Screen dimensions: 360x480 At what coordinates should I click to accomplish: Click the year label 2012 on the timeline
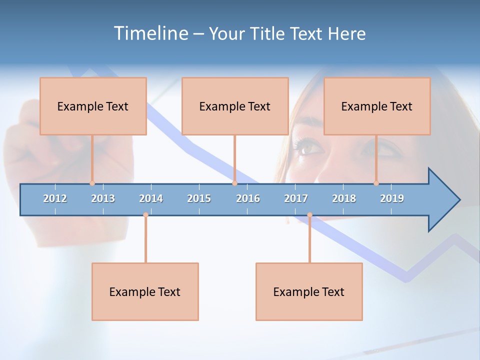[55, 198]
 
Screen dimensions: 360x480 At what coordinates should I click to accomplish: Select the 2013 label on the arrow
[103, 198]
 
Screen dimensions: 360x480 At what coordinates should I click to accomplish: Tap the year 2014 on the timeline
[151, 198]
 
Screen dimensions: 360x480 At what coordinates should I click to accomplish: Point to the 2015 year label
[199, 198]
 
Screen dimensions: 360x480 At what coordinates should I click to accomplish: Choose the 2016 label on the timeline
[248, 198]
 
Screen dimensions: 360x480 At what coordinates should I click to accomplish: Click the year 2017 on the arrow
[296, 198]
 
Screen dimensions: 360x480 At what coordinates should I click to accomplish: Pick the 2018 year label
[344, 198]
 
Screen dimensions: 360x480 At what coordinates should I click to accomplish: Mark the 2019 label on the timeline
[392, 198]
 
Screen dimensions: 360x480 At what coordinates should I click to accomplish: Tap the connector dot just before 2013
[92, 183]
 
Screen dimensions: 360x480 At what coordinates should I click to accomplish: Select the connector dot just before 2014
[145, 215]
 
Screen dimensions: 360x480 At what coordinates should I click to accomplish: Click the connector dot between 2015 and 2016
[234, 183]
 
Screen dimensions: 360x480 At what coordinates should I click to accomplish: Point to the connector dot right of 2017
[309, 215]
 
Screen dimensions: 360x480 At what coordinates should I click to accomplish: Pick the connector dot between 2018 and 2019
[376, 183]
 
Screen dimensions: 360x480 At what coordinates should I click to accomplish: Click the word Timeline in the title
[150, 33]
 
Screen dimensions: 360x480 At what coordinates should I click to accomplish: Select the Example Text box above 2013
[93, 106]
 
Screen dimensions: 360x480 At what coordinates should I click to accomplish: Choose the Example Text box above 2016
[235, 106]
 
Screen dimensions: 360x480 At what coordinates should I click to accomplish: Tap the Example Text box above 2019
[377, 106]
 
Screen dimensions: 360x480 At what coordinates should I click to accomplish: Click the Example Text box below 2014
[145, 291]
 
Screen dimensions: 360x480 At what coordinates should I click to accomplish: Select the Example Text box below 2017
[309, 291]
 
